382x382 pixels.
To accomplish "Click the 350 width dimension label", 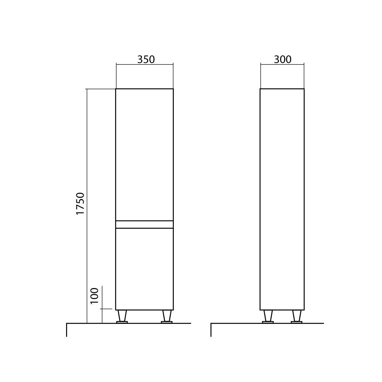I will pos(146,60).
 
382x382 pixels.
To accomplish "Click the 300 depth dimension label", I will pos(283,60).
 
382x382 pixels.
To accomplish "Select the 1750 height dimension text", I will pos(80,204).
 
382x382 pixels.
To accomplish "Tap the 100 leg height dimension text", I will pos(95,295).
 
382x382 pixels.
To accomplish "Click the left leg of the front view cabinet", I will pos(122,316).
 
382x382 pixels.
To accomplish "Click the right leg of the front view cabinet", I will pos(166,316).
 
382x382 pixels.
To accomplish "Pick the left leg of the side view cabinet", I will pos(268,316).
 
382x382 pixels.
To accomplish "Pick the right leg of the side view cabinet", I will pos(296,316).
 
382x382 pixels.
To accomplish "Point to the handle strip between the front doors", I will pos(144,225).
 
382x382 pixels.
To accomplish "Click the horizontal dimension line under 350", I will pos(144,65).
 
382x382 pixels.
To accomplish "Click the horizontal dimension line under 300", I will pos(282,65).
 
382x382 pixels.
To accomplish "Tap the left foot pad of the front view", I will pos(122,322).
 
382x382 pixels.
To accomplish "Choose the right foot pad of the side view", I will pos(296,322).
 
